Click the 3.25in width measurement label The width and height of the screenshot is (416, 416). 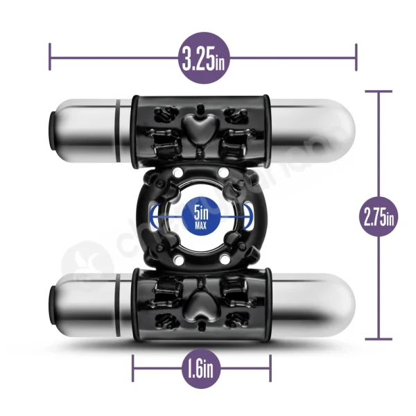pos(202,59)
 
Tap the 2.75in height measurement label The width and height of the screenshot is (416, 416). pos(378,217)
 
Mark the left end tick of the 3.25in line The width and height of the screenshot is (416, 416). pos(50,55)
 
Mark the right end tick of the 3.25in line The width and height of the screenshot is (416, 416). pos(356,55)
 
